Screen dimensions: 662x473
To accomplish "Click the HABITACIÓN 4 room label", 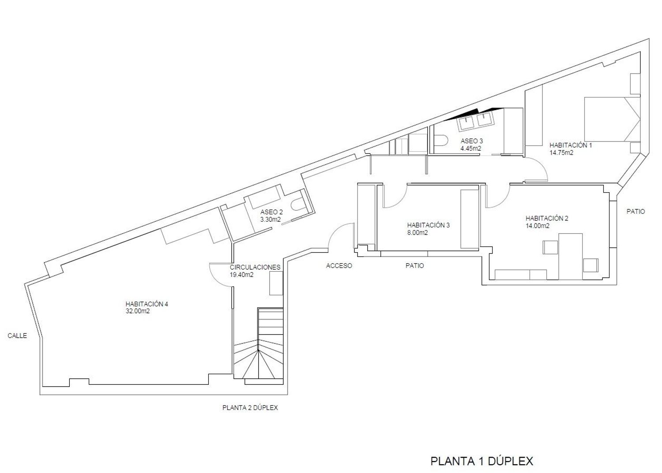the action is point(147,304).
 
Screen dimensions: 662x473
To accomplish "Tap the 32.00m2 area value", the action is point(138,311).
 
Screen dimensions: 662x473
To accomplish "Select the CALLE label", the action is point(17,336).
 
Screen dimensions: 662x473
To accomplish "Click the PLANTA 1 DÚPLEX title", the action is point(482,461).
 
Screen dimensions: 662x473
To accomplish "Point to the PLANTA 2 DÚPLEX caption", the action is point(250,408).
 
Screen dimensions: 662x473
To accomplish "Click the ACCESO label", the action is point(339,266).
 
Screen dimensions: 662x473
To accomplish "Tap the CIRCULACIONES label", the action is point(255,267).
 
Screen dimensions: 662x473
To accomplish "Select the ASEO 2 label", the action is point(271,212).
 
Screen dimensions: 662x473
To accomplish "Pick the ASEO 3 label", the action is point(472,141).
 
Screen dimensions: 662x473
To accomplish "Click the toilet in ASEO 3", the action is point(441,141).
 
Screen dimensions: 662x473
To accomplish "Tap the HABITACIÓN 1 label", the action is point(571,145).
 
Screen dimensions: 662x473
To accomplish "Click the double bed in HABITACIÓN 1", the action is point(612,119).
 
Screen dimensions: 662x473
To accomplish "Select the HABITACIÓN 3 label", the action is point(428,225).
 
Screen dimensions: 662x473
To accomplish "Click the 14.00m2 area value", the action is point(538,226).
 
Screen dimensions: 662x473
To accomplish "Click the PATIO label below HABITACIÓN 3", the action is point(415,266).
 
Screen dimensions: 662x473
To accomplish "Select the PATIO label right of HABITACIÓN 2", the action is point(636,212).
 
